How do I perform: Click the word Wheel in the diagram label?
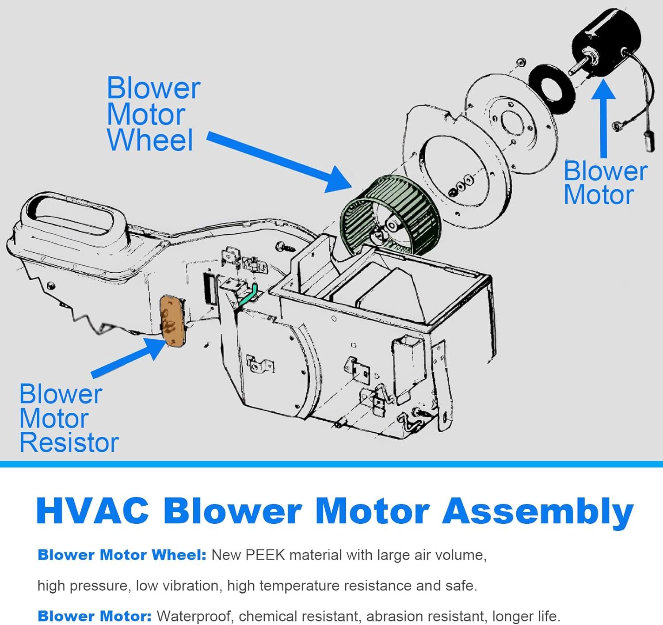pos(150,141)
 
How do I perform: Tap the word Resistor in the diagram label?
pos(69,443)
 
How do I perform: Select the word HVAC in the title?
pos(93,511)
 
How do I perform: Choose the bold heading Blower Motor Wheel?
pos(122,555)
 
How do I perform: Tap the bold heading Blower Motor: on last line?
pos(95,616)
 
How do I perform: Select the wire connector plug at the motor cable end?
pos(650,141)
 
